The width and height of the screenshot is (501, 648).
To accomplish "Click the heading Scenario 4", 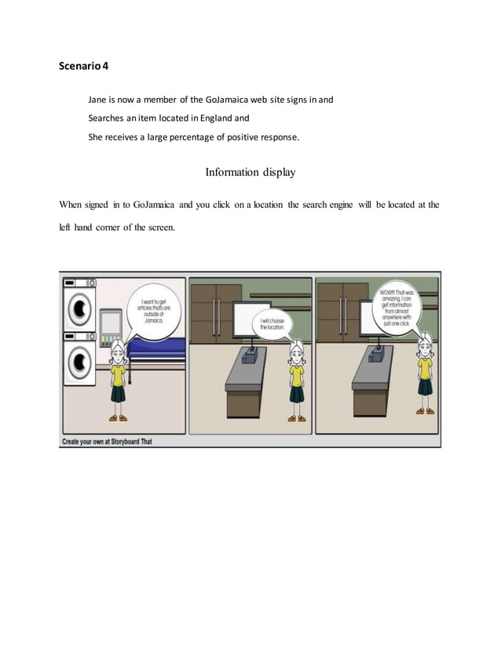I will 84,66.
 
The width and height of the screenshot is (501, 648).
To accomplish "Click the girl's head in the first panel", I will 118,348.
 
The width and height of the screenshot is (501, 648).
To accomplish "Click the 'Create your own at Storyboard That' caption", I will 108,442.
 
